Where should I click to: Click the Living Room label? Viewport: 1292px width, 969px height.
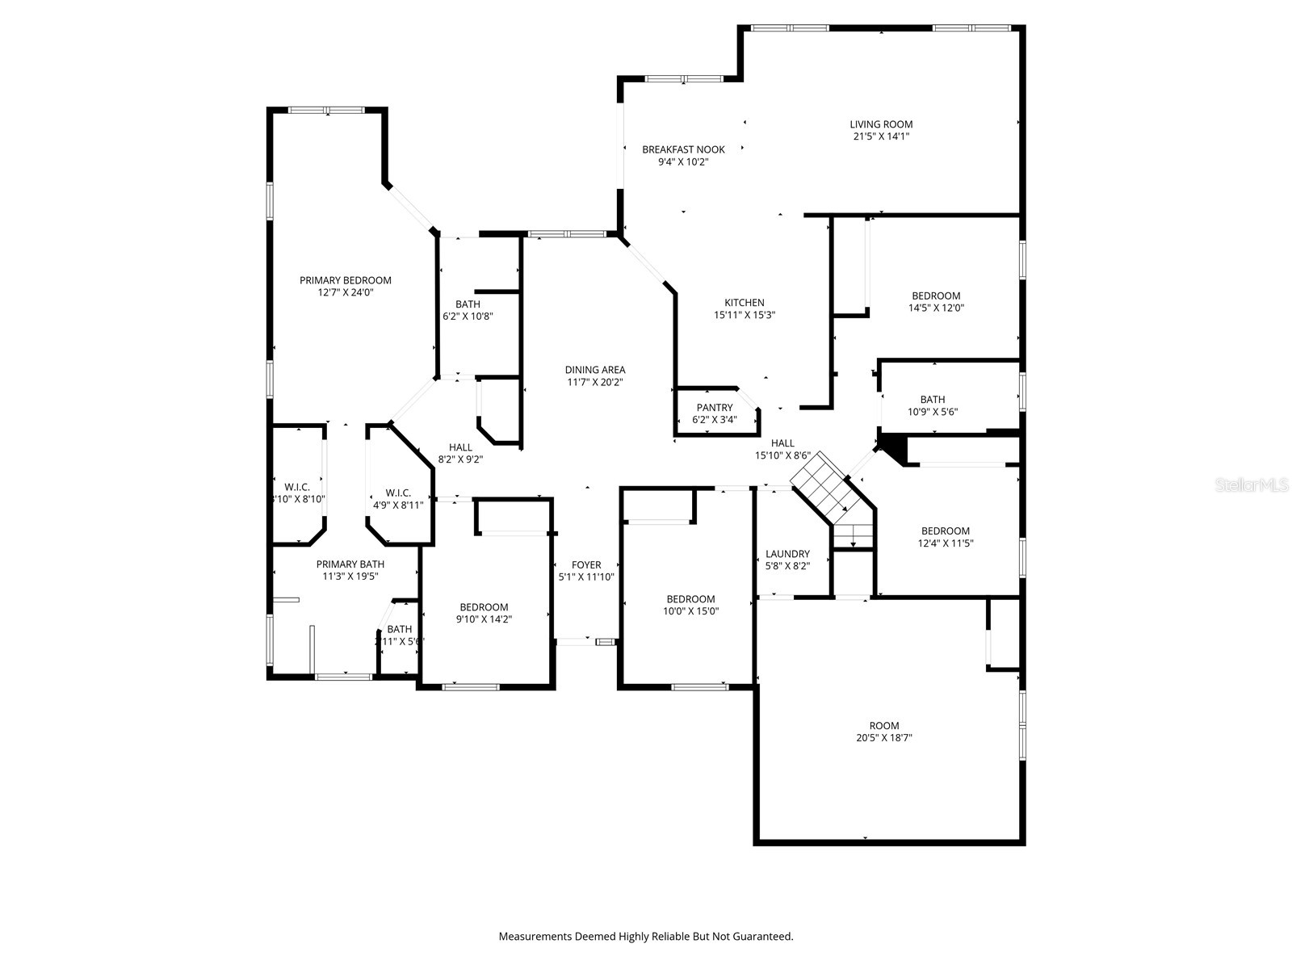pos(881,124)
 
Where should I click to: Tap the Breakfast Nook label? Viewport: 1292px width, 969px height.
pos(683,149)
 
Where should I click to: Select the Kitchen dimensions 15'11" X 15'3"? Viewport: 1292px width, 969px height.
pos(744,316)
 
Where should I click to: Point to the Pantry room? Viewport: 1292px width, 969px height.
pos(715,413)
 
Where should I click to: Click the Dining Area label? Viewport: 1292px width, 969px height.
pos(594,370)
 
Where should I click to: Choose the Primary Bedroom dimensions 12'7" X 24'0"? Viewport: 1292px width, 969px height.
pos(345,293)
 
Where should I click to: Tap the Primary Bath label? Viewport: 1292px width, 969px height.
pos(350,564)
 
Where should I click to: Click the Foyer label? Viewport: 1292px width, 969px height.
pos(586,565)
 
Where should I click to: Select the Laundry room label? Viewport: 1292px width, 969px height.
pos(787,554)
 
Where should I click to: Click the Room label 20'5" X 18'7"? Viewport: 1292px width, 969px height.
pos(884,725)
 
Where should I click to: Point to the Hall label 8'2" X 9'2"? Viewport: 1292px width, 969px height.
pos(460,447)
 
